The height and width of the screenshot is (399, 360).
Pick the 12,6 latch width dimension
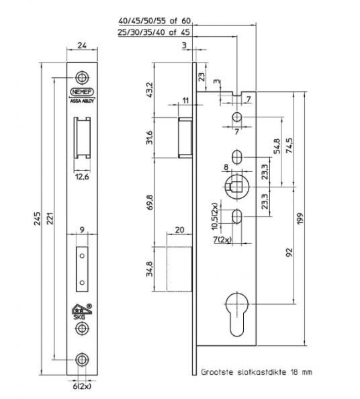82,177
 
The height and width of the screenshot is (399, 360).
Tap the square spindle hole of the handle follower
238,186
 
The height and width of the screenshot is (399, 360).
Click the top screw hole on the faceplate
82,77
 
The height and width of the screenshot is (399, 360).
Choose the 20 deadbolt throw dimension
179,229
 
